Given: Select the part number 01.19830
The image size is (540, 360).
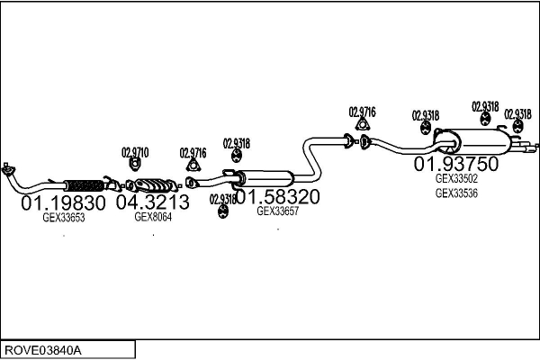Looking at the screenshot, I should point(63,203).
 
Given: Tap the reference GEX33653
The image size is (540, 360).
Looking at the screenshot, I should point(63,217).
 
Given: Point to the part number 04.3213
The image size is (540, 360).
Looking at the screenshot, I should point(153,203).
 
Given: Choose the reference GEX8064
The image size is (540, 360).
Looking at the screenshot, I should point(152,216).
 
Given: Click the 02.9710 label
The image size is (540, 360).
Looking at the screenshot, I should point(135,152).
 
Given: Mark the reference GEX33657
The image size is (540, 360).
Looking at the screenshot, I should point(277,211).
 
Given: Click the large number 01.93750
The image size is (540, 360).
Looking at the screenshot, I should point(455,165).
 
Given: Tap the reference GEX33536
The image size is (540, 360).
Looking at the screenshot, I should point(456,192).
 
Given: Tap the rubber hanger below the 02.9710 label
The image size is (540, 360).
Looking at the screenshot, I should point(135,166).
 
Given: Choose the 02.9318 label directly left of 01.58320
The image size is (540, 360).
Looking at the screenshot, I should point(222,199).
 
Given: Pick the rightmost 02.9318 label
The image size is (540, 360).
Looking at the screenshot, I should point(517,114).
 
